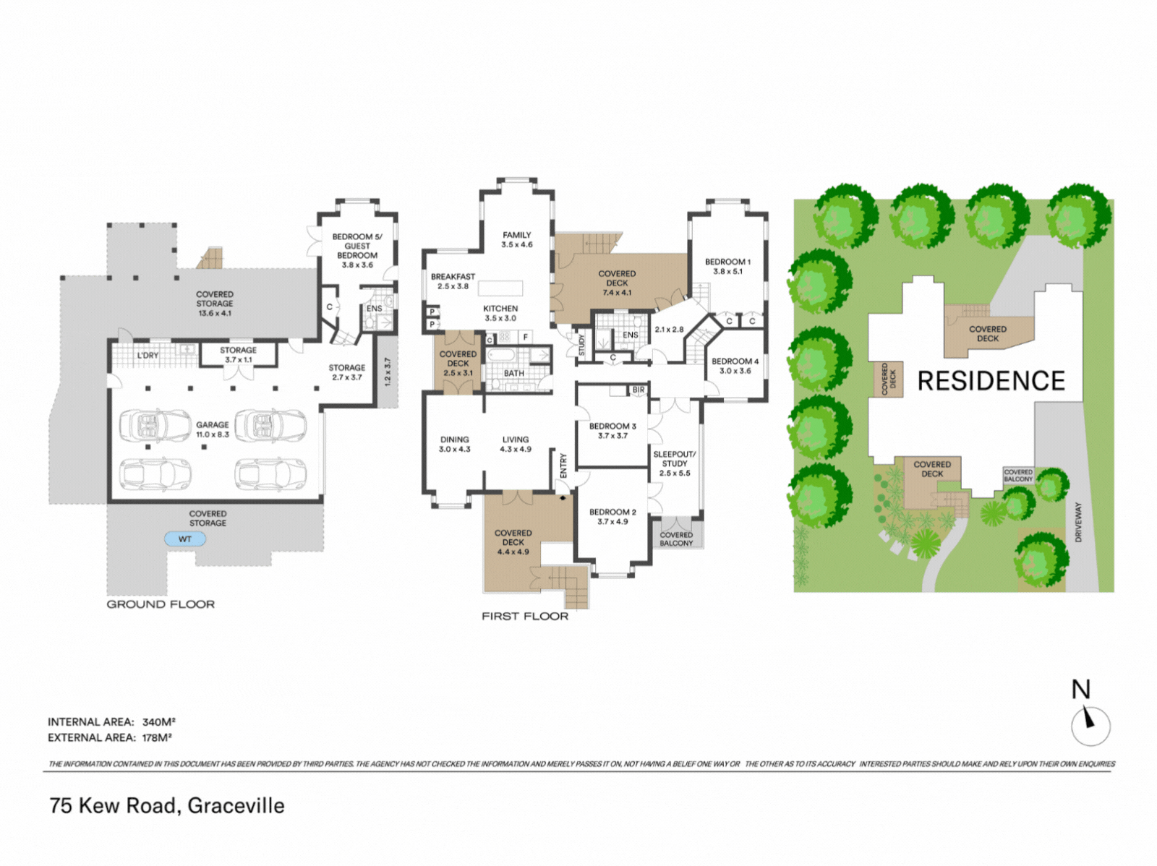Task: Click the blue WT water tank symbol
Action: [x=185, y=539]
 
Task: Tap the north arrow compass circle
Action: [x=1090, y=726]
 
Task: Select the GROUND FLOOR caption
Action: [x=161, y=604]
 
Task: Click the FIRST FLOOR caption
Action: [x=525, y=617]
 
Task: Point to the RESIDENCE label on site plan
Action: [x=991, y=381]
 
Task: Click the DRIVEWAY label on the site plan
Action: [x=1078, y=522]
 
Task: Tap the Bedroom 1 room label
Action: [x=728, y=261]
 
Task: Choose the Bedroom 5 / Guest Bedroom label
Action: [x=357, y=246]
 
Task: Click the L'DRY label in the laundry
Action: [x=148, y=356]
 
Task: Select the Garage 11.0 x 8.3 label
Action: [x=213, y=429]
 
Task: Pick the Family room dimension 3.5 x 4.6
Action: [x=516, y=244]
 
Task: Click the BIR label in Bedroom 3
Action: [x=639, y=390]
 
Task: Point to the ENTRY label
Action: [x=563, y=466]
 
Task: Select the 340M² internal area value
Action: [x=158, y=722]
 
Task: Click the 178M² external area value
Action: [x=157, y=737]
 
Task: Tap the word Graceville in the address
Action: [x=236, y=806]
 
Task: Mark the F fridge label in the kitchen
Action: [x=525, y=337]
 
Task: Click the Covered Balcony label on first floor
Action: [x=676, y=539]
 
